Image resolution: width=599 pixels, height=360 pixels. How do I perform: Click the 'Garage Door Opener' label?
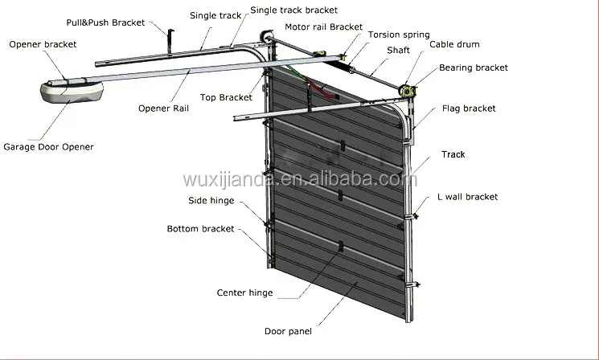pyautogui.click(x=48, y=147)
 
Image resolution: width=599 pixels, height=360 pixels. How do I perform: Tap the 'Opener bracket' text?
pyautogui.click(x=43, y=44)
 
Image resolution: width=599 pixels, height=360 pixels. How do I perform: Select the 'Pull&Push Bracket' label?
pyautogui.click(x=105, y=22)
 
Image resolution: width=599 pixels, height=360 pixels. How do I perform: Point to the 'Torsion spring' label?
pyautogui.click(x=399, y=35)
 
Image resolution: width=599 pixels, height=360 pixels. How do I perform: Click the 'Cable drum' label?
pyautogui.click(x=454, y=44)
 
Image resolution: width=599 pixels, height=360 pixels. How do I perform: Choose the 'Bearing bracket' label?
pyautogui.click(x=474, y=67)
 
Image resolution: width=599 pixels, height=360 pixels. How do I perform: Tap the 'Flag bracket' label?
pyautogui.click(x=469, y=108)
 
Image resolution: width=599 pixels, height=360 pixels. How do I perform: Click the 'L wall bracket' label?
pyautogui.click(x=468, y=197)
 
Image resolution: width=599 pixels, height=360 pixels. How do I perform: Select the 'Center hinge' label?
pyautogui.click(x=245, y=292)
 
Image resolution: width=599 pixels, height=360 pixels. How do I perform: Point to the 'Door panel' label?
pyautogui.click(x=288, y=331)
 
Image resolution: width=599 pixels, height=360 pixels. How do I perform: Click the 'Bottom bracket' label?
pyautogui.click(x=200, y=229)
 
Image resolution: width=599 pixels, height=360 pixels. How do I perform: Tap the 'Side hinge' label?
pyautogui.click(x=211, y=201)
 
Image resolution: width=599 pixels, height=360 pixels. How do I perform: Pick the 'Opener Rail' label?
pyautogui.click(x=163, y=108)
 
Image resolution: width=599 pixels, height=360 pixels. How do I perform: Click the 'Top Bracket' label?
pyautogui.click(x=226, y=97)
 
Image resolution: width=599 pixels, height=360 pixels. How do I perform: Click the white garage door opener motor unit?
pyautogui.click(x=72, y=92)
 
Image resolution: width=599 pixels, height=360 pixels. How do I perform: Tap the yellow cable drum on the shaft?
pyautogui.click(x=407, y=92)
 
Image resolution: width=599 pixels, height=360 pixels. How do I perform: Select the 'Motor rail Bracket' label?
pyautogui.click(x=323, y=27)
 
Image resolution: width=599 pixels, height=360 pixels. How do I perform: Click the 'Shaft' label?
pyautogui.click(x=398, y=51)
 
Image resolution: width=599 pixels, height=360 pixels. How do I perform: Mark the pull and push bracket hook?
pyautogui.click(x=170, y=41)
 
